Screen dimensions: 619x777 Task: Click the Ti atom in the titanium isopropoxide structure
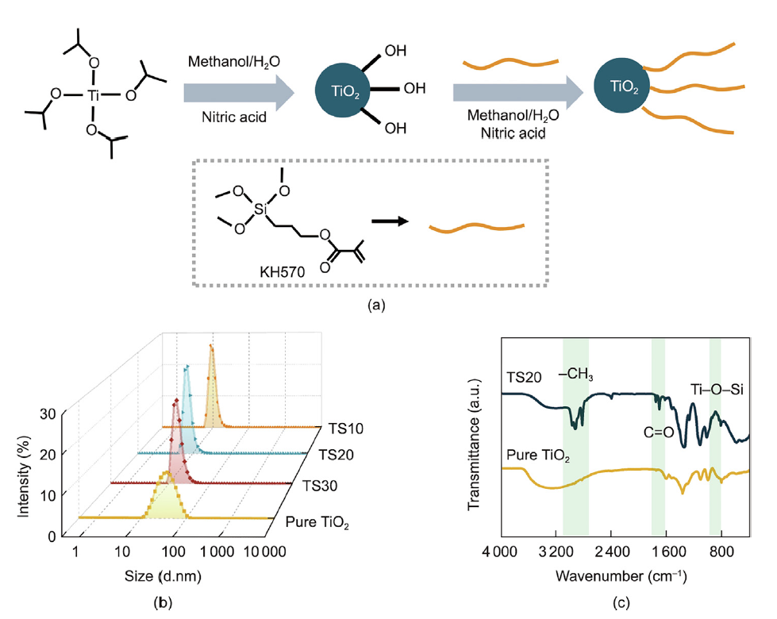click(94, 94)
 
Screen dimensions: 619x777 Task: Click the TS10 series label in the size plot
click(345, 429)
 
